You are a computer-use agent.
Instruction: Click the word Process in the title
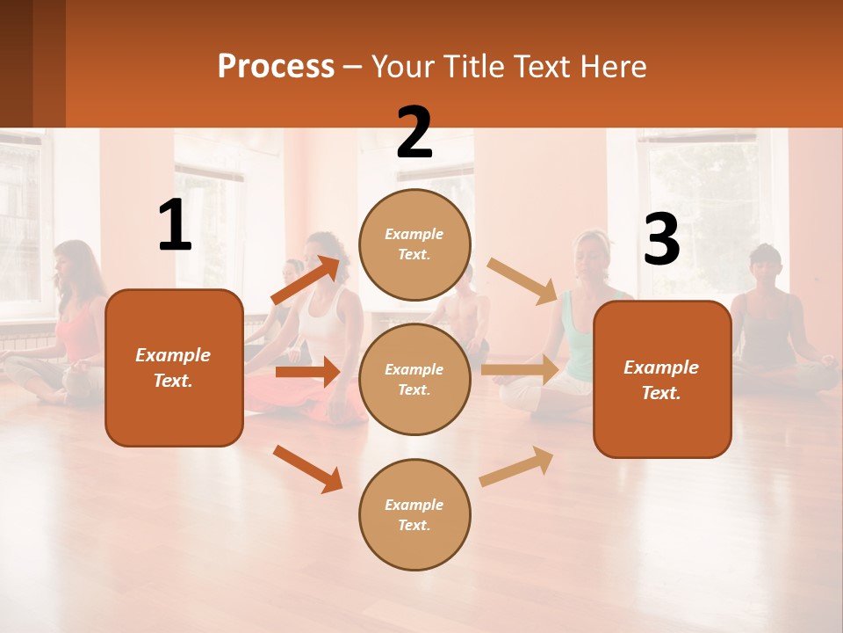276,67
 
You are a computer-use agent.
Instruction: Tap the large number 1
175,226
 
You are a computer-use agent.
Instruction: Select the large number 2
414,133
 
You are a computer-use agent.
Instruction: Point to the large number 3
661,240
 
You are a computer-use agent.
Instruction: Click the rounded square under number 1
174,367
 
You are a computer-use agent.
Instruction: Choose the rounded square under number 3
661,379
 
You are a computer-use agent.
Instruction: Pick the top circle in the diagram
414,244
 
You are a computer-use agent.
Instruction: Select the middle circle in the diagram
414,379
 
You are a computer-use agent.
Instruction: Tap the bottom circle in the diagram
414,514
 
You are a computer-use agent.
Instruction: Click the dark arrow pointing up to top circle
306,280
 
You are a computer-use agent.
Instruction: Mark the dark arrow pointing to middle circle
306,372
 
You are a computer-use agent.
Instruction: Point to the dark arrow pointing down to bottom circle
307,469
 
